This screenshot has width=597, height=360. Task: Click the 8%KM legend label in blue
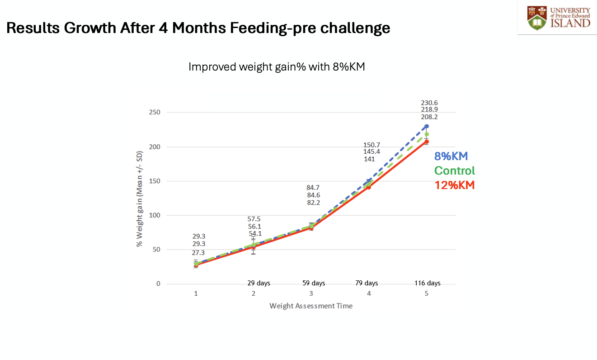click(x=451, y=156)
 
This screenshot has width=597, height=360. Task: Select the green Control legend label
click(x=454, y=171)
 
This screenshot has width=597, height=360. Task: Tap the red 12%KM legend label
click(x=454, y=185)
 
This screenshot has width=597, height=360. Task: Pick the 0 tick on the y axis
click(x=158, y=284)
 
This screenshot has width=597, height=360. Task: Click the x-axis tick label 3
click(x=311, y=294)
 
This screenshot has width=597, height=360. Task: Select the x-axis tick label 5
click(x=426, y=294)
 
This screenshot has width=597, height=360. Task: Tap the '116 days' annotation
click(x=427, y=284)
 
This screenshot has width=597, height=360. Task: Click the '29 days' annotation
click(x=259, y=284)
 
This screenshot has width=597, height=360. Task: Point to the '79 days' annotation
click(x=366, y=284)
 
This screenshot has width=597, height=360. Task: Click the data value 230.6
click(x=429, y=103)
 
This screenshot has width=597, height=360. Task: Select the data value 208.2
click(x=429, y=117)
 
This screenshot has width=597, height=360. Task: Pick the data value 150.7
click(x=371, y=145)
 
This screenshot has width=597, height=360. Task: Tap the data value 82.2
click(x=313, y=202)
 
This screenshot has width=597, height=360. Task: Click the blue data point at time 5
click(x=426, y=126)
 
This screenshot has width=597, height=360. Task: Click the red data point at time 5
click(x=426, y=142)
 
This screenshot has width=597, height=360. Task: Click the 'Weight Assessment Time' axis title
click(x=311, y=306)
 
